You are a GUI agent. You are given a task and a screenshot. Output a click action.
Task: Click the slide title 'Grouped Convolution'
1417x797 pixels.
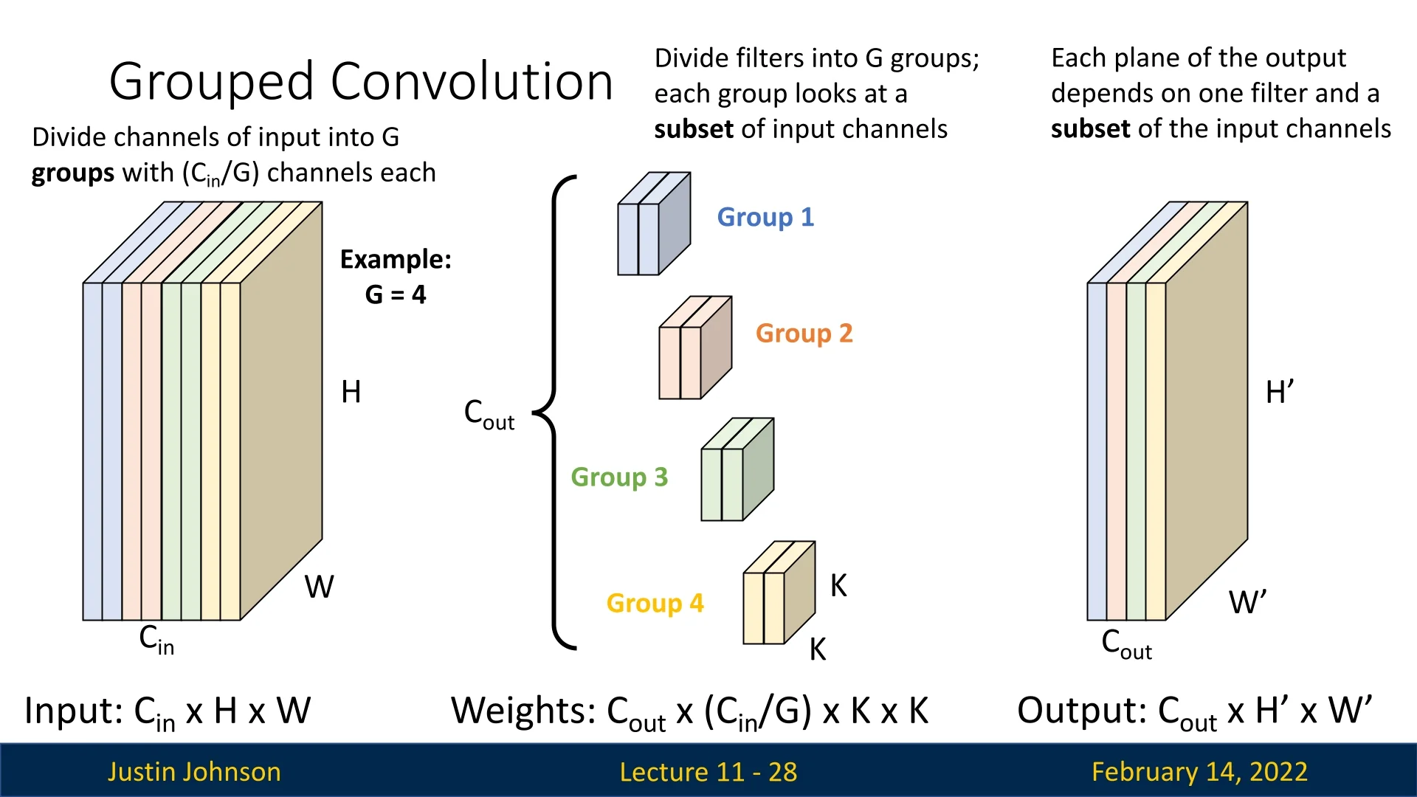(x=361, y=81)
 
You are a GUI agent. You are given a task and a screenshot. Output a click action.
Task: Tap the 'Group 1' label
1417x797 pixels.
(x=765, y=217)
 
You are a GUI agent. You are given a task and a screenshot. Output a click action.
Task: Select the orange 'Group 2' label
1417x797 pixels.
(x=804, y=333)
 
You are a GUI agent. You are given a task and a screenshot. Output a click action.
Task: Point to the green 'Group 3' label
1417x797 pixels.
(x=619, y=477)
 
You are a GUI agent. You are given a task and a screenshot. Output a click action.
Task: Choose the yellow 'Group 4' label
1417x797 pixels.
(x=655, y=603)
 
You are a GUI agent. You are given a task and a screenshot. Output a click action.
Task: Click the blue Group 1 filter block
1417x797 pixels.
(x=653, y=225)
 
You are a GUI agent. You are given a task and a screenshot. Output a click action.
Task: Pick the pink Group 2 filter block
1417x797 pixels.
(x=694, y=349)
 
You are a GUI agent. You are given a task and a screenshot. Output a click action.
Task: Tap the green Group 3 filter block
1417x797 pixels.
(x=737, y=471)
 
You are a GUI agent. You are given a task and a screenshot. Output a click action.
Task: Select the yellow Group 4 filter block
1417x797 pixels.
(x=778, y=594)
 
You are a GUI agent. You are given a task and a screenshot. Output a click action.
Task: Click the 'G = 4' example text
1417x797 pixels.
(x=396, y=294)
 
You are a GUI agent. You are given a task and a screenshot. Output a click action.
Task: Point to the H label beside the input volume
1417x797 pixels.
(x=351, y=392)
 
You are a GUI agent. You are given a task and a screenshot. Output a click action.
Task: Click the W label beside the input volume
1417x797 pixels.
(x=319, y=587)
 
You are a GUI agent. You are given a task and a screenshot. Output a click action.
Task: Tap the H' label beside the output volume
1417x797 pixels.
(x=1279, y=392)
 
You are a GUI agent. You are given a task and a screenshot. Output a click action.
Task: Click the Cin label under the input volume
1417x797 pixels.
(x=156, y=639)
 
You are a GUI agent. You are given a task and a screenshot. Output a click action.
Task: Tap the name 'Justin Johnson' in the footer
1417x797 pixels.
(x=194, y=771)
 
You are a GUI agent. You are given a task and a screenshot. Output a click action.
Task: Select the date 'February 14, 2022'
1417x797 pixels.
(x=1199, y=771)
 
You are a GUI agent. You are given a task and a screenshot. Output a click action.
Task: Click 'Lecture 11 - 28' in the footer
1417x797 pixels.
(x=708, y=771)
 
